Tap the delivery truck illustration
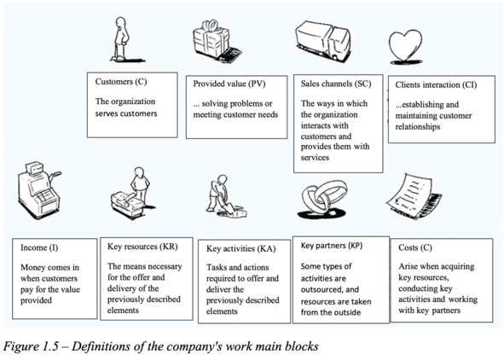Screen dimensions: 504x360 click(x=322, y=42)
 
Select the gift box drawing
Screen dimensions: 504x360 click(x=216, y=41)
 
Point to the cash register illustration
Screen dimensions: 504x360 click(x=39, y=190)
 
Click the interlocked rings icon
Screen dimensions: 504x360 click(x=324, y=200)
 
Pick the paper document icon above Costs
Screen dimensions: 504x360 click(x=414, y=196)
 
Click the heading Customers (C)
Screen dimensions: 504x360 click(x=121, y=82)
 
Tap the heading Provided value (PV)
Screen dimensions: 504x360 click(x=229, y=84)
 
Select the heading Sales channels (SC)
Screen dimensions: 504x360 click(x=336, y=84)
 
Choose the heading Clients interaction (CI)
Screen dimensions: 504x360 click(x=436, y=84)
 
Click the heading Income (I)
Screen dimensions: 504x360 click(x=39, y=247)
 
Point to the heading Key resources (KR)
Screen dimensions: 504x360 click(x=142, y=247)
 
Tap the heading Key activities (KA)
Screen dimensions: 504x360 click(x=240, y=248)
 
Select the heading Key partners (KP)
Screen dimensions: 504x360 click(x=332, y=246)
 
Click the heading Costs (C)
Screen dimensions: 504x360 click(x=415, y=247)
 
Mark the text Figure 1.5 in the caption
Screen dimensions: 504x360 click(x=31, y=346)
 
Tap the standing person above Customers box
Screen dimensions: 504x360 click(x=122, y=39)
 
